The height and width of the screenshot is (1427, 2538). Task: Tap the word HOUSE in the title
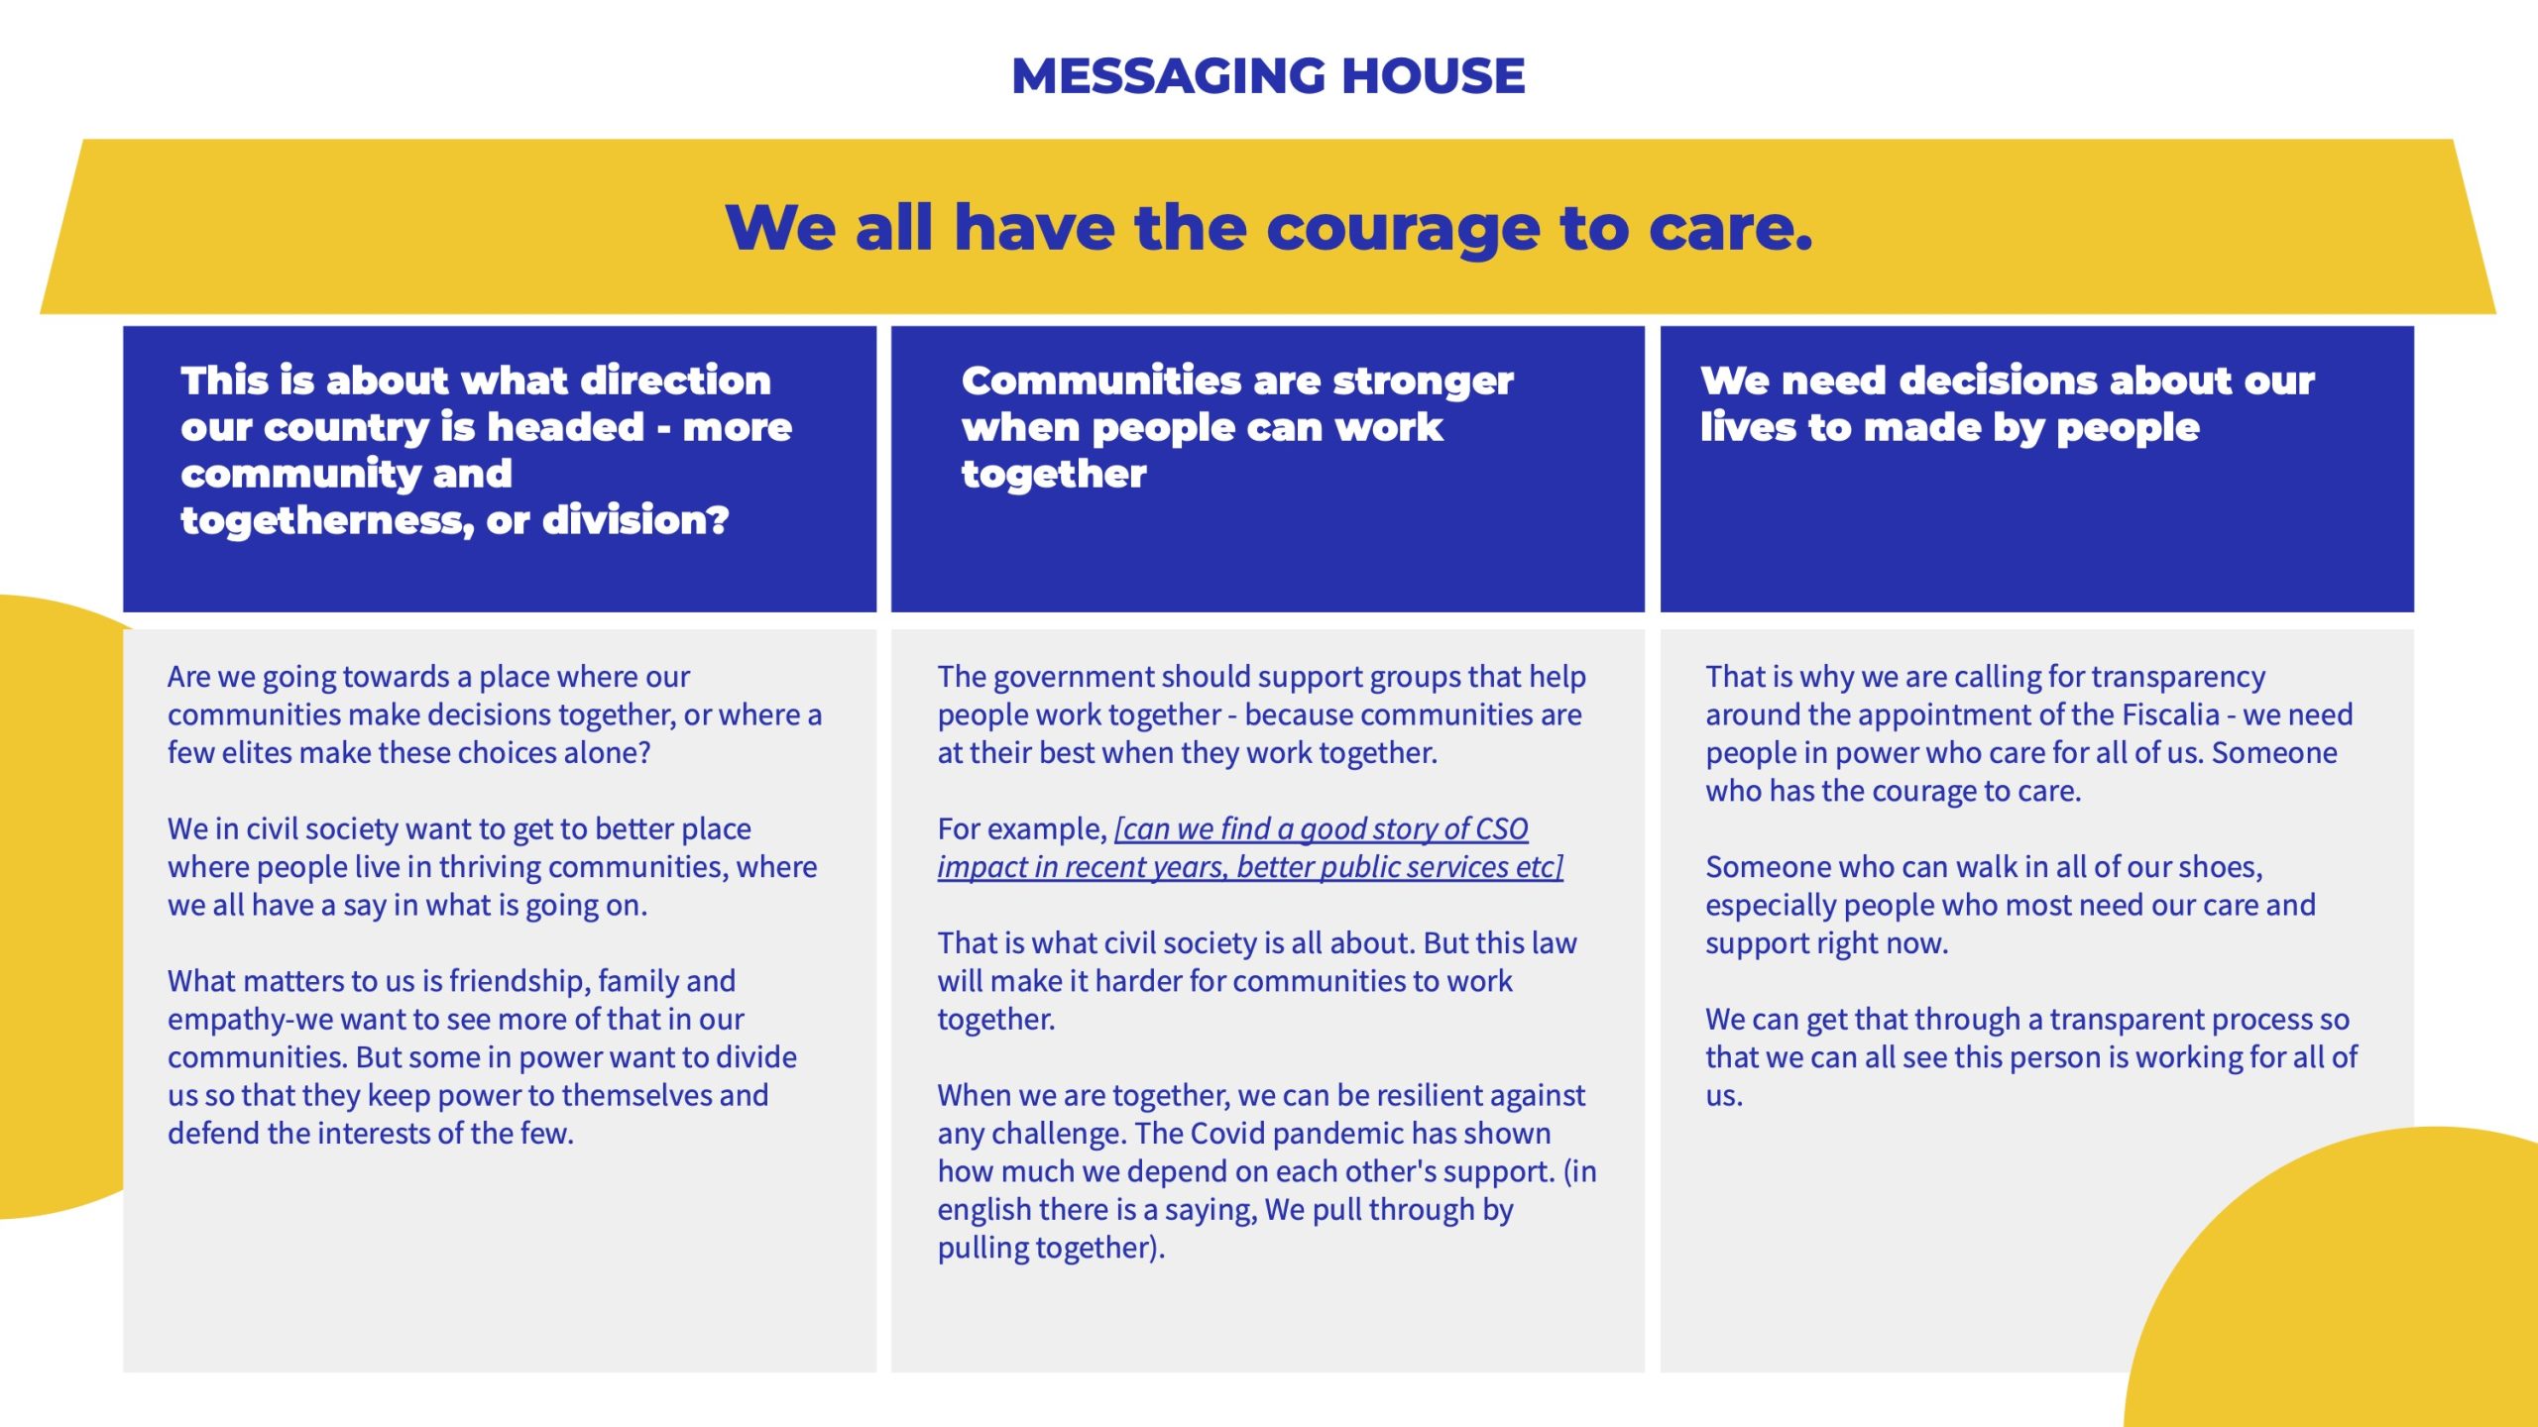click(1433, 76)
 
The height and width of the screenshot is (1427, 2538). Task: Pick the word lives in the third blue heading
click(1746, 427)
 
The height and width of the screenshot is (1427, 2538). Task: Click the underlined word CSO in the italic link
click(1502, 828)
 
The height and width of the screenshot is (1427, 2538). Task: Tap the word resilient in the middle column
click(1438, 1095)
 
